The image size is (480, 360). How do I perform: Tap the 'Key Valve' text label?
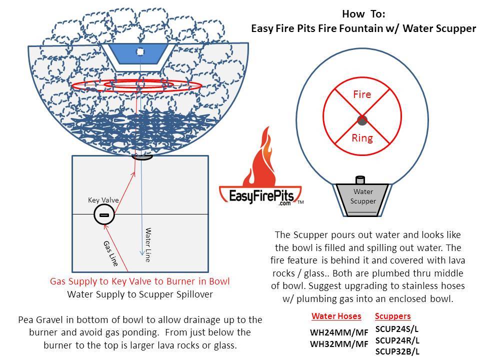coord(103,200)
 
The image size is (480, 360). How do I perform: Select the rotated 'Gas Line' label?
coord(111,253)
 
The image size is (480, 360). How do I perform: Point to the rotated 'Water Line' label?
coord(148,245)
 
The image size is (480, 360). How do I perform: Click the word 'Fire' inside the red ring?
coord(362,94)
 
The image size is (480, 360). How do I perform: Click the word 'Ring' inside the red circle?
coord(362,138)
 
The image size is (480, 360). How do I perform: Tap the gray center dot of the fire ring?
coord(362,120)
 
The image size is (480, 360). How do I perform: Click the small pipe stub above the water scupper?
coord(360,179)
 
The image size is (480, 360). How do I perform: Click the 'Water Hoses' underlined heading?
coord(336,316)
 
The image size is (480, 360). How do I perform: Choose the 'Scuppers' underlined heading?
coord(393,316)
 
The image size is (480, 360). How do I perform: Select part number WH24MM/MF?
coord(339,332)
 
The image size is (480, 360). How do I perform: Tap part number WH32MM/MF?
coord(339,344)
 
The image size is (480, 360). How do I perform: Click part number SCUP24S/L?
coord(397,329)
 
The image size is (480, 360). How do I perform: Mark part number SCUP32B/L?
coord(397,351)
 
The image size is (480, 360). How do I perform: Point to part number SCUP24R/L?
coord(397,340)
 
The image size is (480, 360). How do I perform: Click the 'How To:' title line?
coord(363,14)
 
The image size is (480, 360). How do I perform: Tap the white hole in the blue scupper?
coord(140,51)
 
